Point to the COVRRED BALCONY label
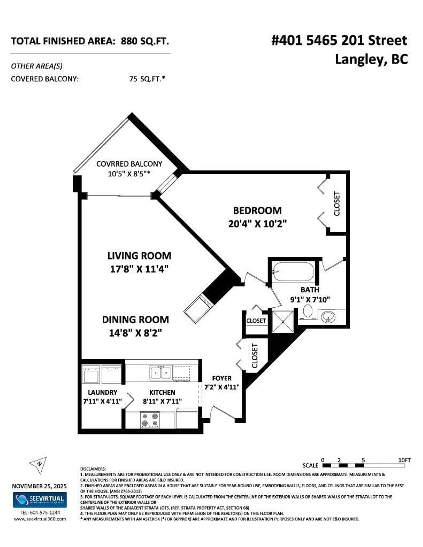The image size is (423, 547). tap(129, 164)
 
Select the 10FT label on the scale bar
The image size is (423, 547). tap(404, 460)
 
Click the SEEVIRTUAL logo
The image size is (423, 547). tap(40, 500)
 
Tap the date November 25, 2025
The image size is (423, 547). tap(39, 486)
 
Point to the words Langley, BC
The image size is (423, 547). tap(371, 60)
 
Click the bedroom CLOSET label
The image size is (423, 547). tap(337, 204)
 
